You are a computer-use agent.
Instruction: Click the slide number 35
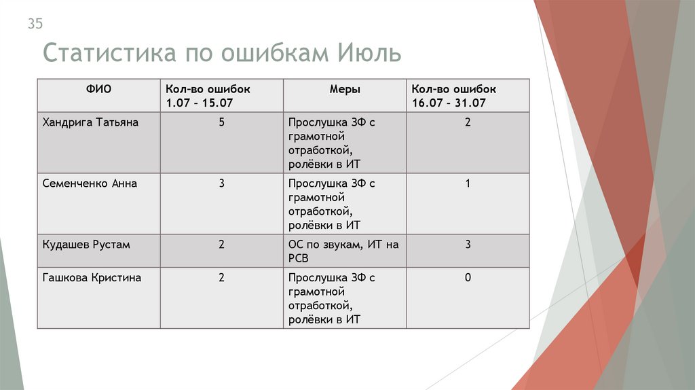(x=35, y=24)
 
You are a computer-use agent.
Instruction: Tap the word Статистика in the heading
(x=109, y=54)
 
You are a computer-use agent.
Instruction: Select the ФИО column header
(x=98, y=89)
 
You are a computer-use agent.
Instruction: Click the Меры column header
(x=345, y=89)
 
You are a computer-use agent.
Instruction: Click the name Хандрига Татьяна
(x=90, y=122)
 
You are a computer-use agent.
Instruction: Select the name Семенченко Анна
(x=90, y=183)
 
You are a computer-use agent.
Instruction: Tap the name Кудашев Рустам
(x=86, y=245)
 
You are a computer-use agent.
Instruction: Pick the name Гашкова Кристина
(x=92, y=278)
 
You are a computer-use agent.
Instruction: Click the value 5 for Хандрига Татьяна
(x=222, y=123)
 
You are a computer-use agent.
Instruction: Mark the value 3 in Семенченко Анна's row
(x=222, y=183)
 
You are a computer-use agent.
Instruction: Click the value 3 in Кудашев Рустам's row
(x=468, y=245)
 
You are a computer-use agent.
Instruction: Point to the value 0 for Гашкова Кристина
(x=468, y=278)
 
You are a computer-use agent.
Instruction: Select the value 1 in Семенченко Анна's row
(x=468, y=183)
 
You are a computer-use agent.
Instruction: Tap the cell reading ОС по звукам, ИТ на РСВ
(x=343, y=251)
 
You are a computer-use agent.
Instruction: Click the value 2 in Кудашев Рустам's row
(x=222, y=245)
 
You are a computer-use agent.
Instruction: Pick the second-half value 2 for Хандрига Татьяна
(x=468, y=123)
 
